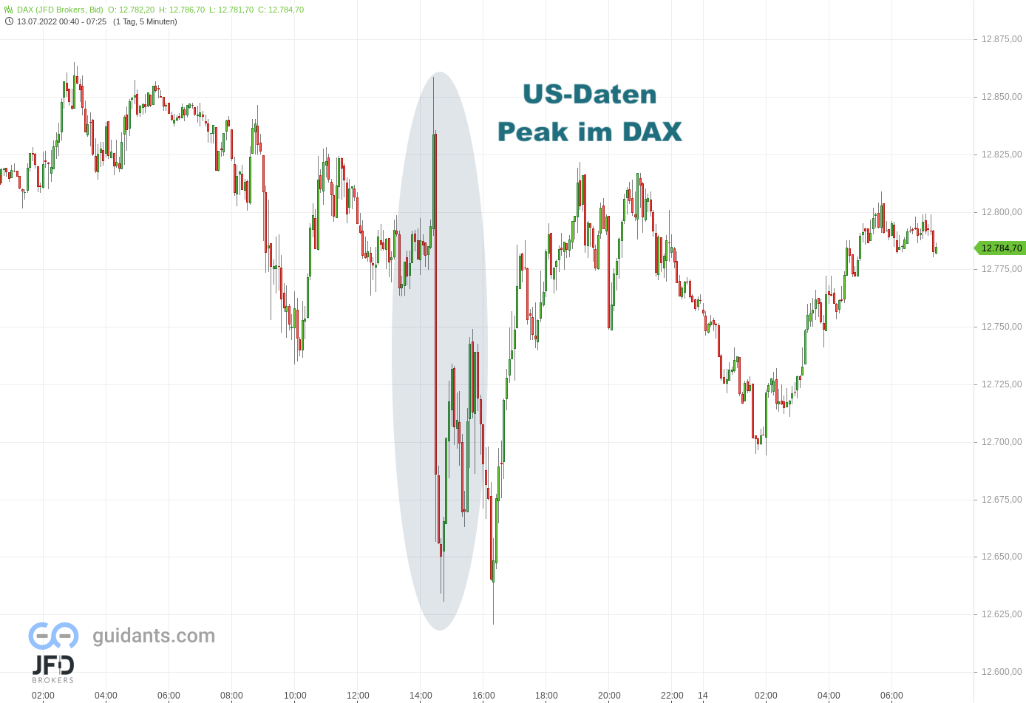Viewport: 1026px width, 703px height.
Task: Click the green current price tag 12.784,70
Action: (1001, 248)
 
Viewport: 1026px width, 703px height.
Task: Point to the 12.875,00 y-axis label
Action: (1001, 39)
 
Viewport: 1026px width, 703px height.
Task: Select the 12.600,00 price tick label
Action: (1001, 672)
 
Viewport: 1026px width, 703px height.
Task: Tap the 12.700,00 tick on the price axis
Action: (1001, 442)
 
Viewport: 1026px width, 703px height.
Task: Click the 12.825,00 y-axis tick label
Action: (1001, 154)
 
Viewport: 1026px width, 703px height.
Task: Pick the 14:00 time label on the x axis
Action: (421, 696)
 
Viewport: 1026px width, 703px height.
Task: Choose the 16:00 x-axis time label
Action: (483, 696)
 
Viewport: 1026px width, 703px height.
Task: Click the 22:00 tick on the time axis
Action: (672, 696)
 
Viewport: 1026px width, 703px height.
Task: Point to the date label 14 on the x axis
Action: (703, 696)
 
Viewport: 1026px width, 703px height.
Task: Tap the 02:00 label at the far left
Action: (43, 696)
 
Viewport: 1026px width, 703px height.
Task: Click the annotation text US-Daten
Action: (589, 95)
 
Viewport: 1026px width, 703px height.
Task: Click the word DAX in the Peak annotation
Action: (651, 132)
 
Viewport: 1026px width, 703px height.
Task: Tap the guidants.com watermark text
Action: (154, 636)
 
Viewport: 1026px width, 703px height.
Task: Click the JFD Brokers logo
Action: (52, 668)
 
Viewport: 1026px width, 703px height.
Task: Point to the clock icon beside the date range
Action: (9, 21)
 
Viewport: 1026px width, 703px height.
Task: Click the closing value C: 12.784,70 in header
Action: (281, 10)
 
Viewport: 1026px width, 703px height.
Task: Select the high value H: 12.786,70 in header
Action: (182, 10)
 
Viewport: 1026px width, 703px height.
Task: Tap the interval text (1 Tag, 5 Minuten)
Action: (145, 21)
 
